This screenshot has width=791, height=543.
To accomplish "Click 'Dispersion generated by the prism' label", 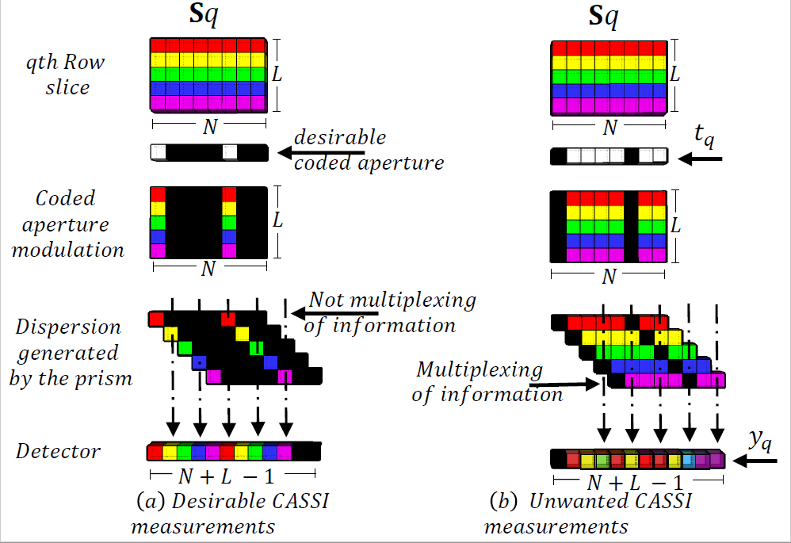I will click(70, 352).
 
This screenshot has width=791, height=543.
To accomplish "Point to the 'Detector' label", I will click(59, 452).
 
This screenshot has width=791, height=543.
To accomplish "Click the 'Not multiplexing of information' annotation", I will click(392, 312).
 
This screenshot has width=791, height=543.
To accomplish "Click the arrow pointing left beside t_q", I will click(701, 159).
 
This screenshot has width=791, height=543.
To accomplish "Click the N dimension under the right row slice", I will click(609, 128).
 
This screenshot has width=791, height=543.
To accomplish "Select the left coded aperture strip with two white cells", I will click(208, 152).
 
